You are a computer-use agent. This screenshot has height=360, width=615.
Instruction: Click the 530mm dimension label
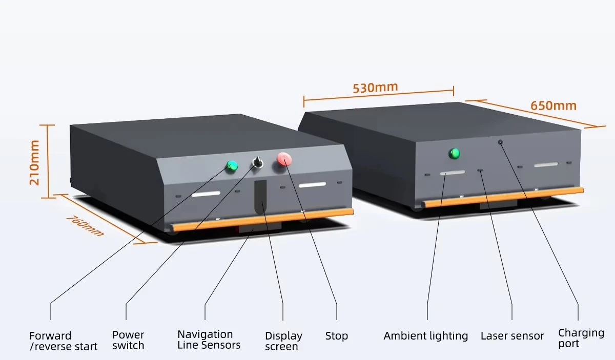pos(375,88)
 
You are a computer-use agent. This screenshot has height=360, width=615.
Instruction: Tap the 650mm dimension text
pos(553,105)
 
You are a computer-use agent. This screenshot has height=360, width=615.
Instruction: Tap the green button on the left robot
pos(233,165)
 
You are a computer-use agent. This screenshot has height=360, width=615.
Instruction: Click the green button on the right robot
pos(454,153)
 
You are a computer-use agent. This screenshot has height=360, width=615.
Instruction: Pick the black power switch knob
pos(257,163)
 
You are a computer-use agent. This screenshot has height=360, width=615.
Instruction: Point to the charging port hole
pos(500,142)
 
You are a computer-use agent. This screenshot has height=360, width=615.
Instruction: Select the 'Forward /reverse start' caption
pos(63,341)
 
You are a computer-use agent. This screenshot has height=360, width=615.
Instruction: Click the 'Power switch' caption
pos(128,340)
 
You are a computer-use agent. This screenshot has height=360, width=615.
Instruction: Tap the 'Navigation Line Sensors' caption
pos(209,340)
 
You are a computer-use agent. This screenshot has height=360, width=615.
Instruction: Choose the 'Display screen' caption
pos(283,341)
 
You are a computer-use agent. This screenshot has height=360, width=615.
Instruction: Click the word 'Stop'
pos(336,336)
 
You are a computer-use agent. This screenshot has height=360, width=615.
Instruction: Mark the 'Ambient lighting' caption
pos(425,336)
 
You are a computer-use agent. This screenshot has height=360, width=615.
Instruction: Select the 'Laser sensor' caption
pos(512,336)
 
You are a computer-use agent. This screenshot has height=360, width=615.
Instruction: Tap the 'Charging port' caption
pos(581,338)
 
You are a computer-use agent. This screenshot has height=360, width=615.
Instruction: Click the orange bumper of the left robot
pos(262,219)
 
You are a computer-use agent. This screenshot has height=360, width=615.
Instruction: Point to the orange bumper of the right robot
pos(502,197)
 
